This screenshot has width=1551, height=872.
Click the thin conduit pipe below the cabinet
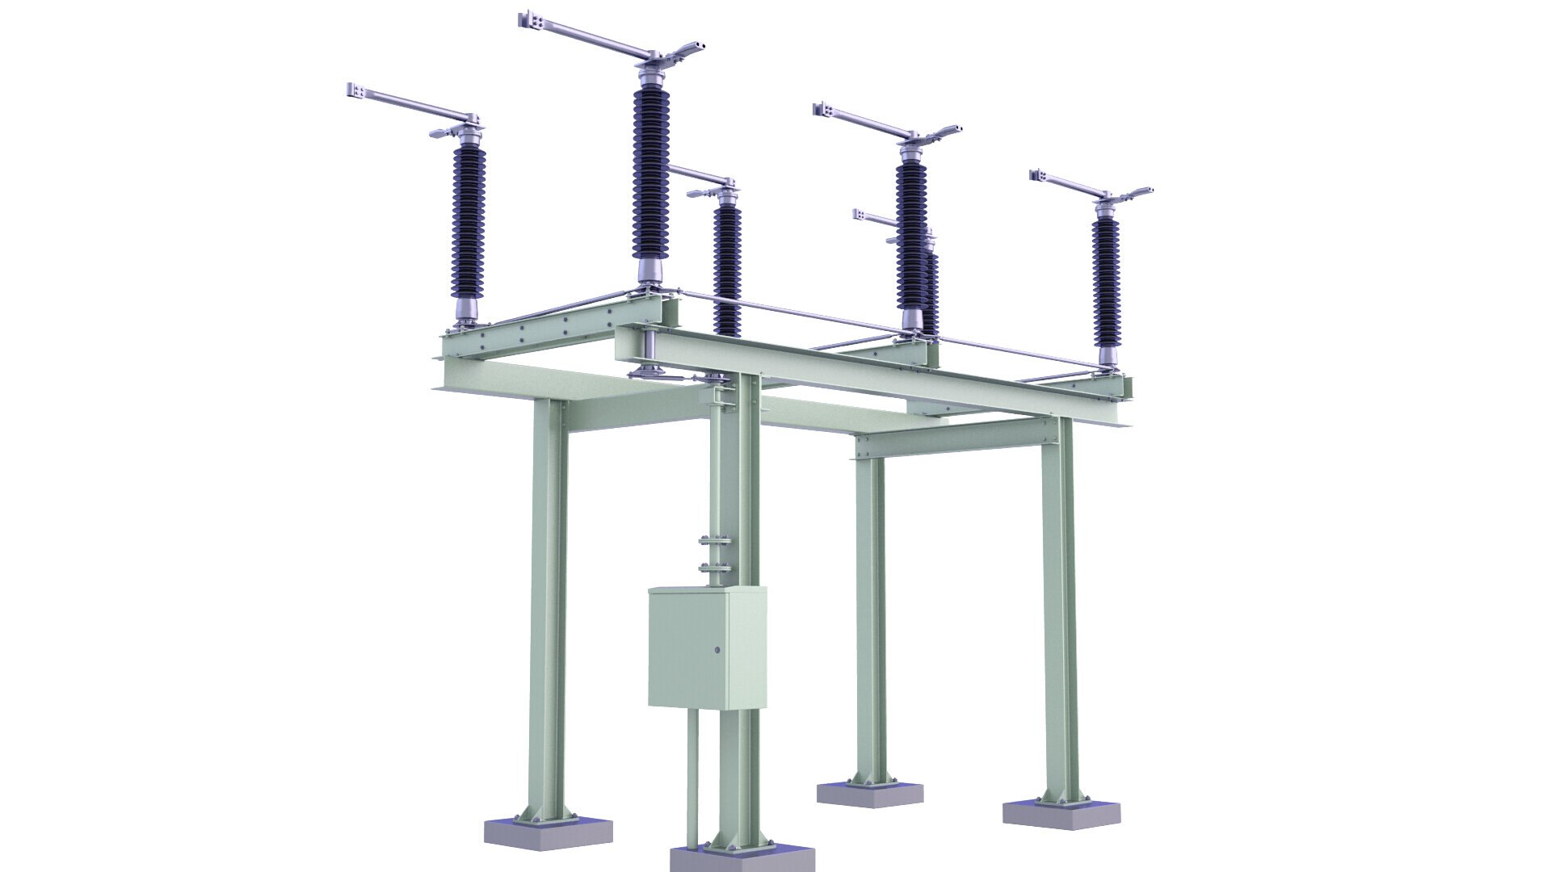pos(692,775)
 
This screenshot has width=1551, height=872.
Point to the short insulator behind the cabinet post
pos(727,266)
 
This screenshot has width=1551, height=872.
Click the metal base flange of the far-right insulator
pos(1108,355)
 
